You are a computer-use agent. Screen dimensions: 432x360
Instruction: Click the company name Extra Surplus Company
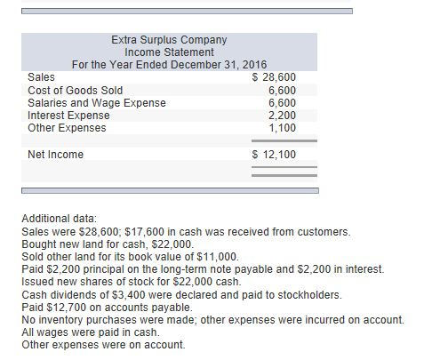pyautogui.click(x=169, y=40)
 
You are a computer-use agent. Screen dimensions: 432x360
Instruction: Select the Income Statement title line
pyautogui.click(x=169, y=52)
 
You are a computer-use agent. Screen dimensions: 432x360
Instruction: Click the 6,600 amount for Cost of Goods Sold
pyautogui.click(x=283, y=90)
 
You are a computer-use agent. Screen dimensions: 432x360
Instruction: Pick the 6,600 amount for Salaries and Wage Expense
pyautogui.click(x=283, y=102)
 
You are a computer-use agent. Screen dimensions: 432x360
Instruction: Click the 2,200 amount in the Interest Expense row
pyautogui.click(x=283, y=115)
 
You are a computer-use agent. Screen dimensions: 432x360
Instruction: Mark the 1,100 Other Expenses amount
pyautogui.click(x=283, y=127)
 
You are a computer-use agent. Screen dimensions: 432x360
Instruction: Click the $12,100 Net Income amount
pyautogui.click(x=276, y=155)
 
